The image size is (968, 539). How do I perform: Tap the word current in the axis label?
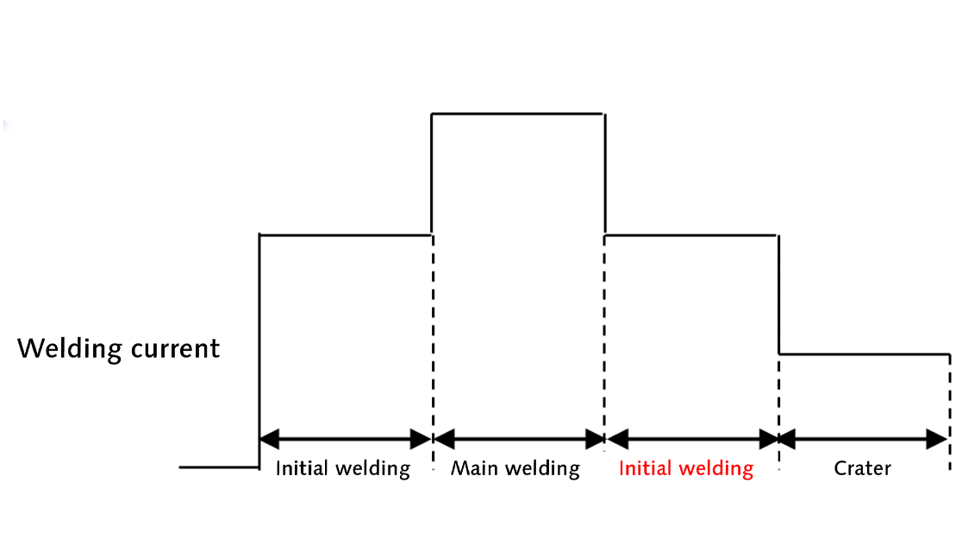(x=175, y=349)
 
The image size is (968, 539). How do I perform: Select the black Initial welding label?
(x=342, y=468)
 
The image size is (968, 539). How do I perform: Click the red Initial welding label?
(x=686, y=468)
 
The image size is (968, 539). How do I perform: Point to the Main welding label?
(x=515, y=468)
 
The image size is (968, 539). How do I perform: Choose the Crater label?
(x=862, y=468)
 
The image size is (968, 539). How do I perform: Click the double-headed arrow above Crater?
(x=863, y=439)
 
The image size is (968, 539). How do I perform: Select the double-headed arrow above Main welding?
(x=518, y=439)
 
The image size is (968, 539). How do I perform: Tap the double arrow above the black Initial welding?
(x=345, y=439)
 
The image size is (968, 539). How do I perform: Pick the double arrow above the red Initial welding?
(x=692, y=439)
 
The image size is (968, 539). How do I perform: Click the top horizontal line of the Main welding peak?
(x=517, y=113)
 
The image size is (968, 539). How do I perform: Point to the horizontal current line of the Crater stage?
(x=864, y=354)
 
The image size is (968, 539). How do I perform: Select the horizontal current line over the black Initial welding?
(x=345, y=234)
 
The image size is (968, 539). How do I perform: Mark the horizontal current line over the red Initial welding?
(x=691, y=234)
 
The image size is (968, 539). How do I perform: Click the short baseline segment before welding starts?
(x=219, y=467)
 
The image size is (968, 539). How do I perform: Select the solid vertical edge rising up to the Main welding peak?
(x=431, y=172)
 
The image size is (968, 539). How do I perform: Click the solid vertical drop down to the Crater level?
(x=778, y=293)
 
